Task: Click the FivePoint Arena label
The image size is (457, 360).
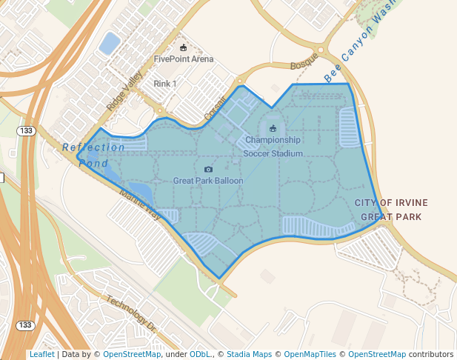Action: point(183,59)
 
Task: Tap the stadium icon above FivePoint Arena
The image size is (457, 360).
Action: point(183,47)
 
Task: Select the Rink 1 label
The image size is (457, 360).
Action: point(164,84)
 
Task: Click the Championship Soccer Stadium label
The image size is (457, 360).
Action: point(273,146)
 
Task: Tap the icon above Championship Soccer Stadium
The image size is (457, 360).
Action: point(273,127)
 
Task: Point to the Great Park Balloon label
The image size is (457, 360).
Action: point(207,180)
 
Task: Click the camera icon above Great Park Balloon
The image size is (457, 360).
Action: point(208,169)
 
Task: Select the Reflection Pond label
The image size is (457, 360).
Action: point(93,155)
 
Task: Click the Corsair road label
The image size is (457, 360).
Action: point(215,111)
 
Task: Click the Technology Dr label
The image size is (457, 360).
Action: point(131,314)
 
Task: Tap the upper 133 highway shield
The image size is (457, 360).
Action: point(26,130)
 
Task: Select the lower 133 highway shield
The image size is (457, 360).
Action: point(25,325)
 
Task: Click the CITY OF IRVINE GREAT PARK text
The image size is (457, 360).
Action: point(390,210)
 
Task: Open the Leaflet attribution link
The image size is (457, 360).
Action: point(41,354)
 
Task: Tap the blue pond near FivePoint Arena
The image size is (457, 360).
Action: point(109,43)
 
